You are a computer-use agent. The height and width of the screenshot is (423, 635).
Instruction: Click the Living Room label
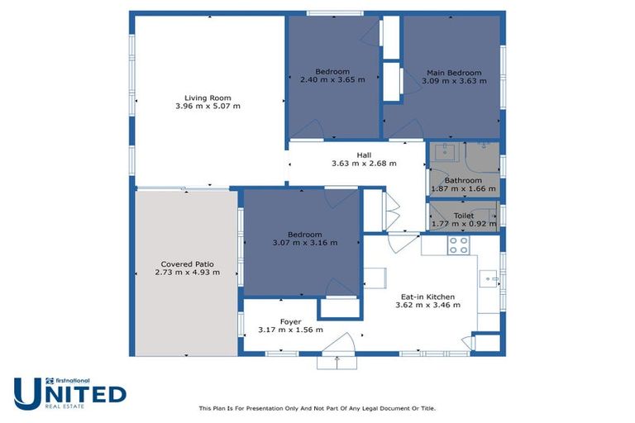[x=208, y=98]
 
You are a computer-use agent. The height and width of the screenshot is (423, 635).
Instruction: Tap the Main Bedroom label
[x=454, y=73]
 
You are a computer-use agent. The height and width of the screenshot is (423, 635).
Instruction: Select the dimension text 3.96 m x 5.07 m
[x=208, y=106]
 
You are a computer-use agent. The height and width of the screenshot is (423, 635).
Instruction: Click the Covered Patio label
[x=187, y=264]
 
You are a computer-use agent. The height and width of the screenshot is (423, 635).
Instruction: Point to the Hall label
[x=364, y=155]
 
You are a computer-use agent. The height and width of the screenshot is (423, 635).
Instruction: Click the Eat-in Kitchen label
[x=427, y=297]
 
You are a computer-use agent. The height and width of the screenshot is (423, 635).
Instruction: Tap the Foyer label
[x=290, y=322]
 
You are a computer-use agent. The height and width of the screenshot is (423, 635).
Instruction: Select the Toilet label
[x=464, y=216]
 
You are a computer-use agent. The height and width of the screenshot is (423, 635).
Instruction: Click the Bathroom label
[x=463, y=181]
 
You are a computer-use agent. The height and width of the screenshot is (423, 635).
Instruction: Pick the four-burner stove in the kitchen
[x=458, y=245]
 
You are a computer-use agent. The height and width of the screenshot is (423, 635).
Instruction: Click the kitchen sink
[x=489, y=279]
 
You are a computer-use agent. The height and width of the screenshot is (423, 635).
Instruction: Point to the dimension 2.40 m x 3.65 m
[x=332, y=80]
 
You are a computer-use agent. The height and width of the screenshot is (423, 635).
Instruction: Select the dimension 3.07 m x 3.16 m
[x=305, y=243]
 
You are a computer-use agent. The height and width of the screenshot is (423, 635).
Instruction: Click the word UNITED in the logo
[x=70, y=393]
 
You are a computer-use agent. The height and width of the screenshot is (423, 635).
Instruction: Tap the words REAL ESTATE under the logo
[x=64, y=406]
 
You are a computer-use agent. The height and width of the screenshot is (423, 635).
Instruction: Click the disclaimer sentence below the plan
[x=317, y=408]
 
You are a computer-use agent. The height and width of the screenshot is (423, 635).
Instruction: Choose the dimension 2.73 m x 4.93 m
[x=187, y=273]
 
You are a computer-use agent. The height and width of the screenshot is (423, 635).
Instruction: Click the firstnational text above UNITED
[x=73, y=381]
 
